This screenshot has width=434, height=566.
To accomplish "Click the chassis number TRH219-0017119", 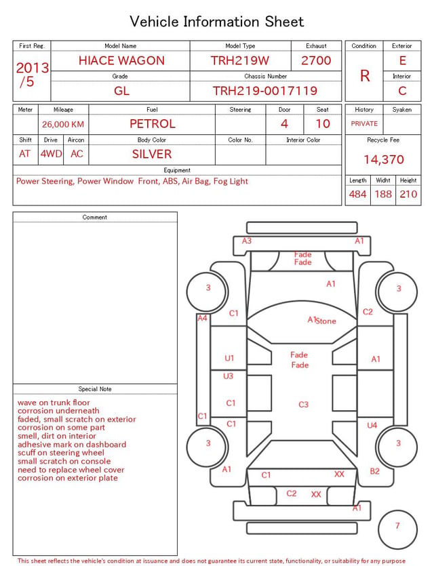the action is tap(265, 91).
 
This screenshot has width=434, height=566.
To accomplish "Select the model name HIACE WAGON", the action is tap(121, 60).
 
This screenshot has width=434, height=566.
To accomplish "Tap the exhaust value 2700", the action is tap(316, 60).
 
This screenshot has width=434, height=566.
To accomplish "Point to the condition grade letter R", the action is tap(365, 76).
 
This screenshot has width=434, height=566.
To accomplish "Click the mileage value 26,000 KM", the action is tap(63, 124).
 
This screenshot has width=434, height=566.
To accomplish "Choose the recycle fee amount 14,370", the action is tap(383, 159).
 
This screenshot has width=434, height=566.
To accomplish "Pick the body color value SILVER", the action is tap(152, 154).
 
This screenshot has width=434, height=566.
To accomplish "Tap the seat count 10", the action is tap(323, 124).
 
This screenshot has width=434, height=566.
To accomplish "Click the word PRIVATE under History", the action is tap(364, 123).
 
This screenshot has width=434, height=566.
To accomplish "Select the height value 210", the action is tap(408, 194).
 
